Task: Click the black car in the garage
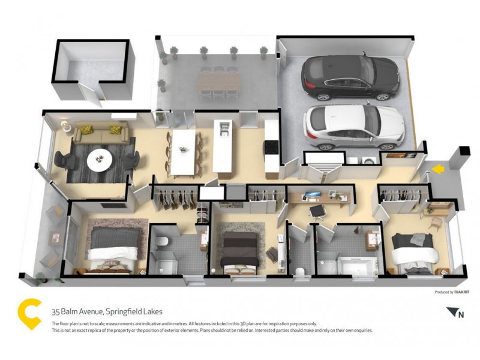click(350, 77)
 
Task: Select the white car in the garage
click(354, 127)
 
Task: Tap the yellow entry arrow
click(439, 170)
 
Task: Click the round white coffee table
click(100, 160)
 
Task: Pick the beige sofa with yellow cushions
click(100, 133)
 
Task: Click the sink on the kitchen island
click(224, 128)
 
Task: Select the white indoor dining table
click(184, 152)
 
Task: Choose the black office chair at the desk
click(317, 209)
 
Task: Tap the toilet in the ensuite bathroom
click(160, 242)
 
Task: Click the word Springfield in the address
click(124, 311)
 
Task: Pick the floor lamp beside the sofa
click(64, 125)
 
